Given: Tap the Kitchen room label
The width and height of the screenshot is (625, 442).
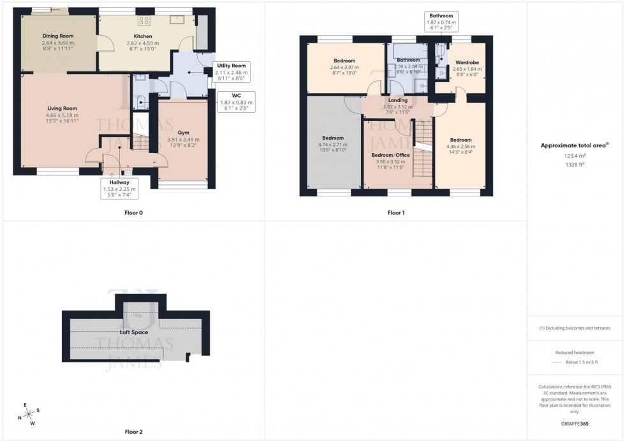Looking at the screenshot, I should (x=142, y=36).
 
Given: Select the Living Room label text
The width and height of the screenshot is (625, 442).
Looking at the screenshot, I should (x=62, y=108).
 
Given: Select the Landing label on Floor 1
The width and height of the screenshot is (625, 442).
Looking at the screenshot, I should (x=397, y=99).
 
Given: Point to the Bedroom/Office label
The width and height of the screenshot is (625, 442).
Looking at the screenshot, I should (x=390, y=155).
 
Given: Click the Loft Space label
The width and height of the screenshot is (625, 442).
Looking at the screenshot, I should (x=134, y=332).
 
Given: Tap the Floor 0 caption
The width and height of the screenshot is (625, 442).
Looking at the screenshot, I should (x=133, y=212).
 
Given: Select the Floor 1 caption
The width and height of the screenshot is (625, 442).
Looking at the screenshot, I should (x=395, y=212).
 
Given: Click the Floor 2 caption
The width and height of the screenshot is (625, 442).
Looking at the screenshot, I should (x=133, y=432).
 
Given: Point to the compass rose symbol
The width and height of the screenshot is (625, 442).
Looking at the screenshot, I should (x=26, y=414).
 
